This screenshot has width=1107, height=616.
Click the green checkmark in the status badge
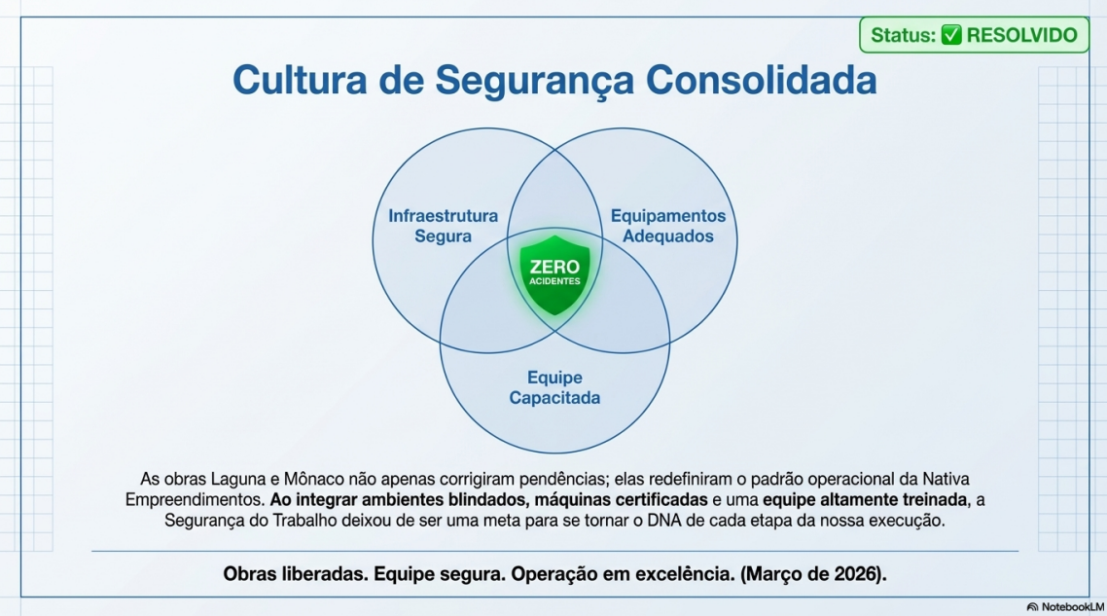pos(951,35)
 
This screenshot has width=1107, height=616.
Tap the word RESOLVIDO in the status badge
pos(1021,35)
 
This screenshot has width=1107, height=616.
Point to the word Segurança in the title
pos(534,81)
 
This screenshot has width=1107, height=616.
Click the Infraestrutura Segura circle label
pos(443,226)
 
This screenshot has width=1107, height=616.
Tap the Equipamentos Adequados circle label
pos(668,226)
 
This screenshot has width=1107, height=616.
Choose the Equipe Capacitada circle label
pos(554,388)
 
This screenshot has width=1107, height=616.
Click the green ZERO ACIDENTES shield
pos(554,274)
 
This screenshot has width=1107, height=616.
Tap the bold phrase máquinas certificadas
pos(621,500)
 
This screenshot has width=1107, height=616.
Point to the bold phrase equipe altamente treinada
pos(865,500)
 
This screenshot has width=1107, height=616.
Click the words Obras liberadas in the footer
pos(296,573)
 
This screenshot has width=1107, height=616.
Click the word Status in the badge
pos(903,35)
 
